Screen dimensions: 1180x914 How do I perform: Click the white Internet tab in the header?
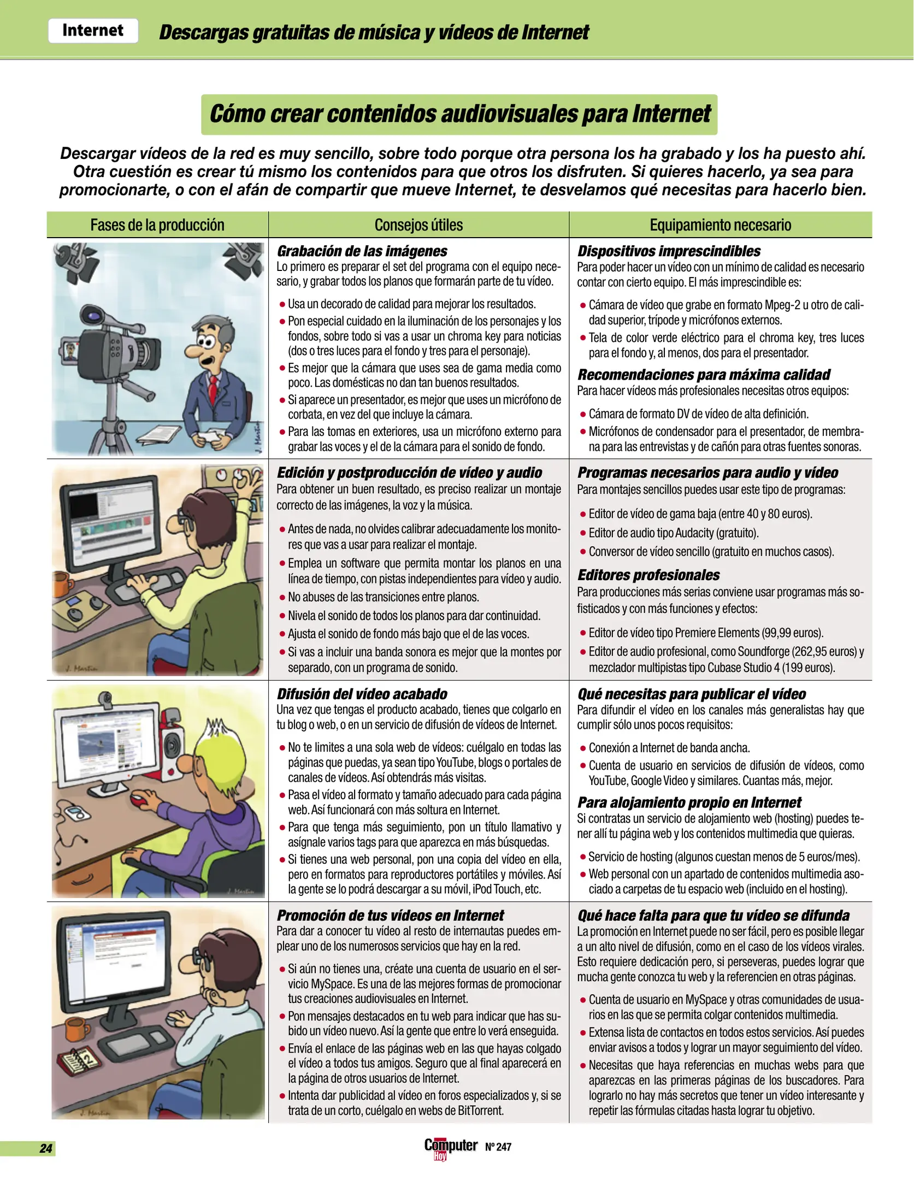point(93,31)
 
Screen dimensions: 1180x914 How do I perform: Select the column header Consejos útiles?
point(418,225)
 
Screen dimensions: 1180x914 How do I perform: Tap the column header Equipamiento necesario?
point(720,225)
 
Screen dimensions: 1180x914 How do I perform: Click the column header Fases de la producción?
point(157,225)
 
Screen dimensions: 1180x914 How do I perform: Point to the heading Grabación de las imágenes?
point(362,251)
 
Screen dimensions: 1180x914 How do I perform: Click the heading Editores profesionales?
point(648,575)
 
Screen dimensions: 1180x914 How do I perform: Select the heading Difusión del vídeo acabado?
point(362,694)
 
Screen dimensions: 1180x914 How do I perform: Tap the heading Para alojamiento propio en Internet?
point(689,803)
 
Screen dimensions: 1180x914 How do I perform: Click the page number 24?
point(46,1148)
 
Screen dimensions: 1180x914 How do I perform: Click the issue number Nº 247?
point(498,1147)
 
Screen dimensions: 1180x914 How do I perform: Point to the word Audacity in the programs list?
point(694,533)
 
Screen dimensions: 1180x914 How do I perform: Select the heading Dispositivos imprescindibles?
point(669,251)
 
